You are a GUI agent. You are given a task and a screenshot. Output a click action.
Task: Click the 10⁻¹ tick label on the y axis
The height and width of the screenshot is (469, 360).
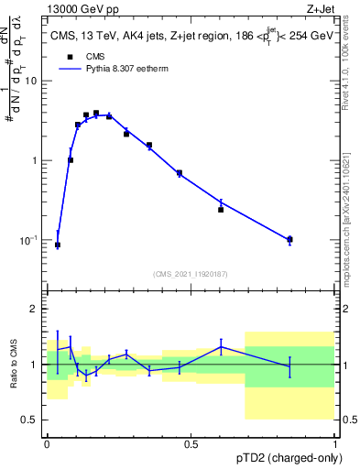click(x=32, y=240)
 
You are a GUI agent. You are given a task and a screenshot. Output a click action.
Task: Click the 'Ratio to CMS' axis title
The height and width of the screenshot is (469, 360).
click(x=14, y=364)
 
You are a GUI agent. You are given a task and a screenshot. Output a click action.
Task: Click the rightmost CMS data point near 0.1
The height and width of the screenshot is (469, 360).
click(x=289, y=240)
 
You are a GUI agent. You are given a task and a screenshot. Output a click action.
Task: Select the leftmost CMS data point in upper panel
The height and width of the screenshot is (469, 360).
click(x=58, y=245)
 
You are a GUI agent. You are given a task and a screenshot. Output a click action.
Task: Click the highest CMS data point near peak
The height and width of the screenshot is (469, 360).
click(x=96, y=113)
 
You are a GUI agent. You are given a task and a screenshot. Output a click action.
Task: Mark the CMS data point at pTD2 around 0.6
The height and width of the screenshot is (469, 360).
click(x=221, y=210)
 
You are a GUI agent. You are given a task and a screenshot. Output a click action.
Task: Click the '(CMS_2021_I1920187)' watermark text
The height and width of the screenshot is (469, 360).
click(x=191, y=273)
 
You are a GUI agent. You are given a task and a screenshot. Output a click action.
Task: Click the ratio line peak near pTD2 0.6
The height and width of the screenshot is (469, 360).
click(x=221, y=345)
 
